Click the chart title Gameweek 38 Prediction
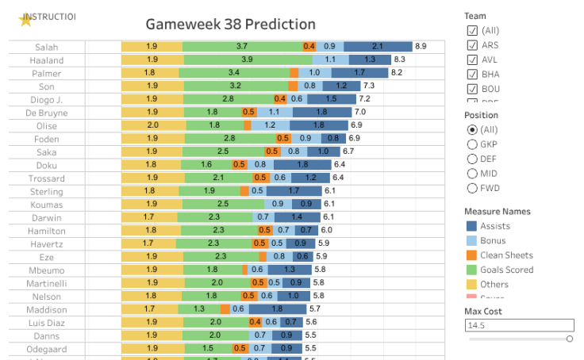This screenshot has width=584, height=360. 230,25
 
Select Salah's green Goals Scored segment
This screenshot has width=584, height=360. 242,47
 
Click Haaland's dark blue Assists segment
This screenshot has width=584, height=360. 370,59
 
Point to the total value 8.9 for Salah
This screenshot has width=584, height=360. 421,47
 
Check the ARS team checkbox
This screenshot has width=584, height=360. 472,45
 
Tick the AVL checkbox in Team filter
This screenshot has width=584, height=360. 472,59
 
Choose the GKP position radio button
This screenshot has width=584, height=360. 472,144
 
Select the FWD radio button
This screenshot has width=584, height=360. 472,188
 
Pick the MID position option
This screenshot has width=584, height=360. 472,174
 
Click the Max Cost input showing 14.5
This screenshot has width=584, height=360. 519,325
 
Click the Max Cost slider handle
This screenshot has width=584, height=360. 569,339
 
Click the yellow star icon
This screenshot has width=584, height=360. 25,21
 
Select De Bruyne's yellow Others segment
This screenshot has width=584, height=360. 152,113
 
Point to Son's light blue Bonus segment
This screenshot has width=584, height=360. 310,86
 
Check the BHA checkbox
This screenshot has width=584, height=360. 472,75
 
